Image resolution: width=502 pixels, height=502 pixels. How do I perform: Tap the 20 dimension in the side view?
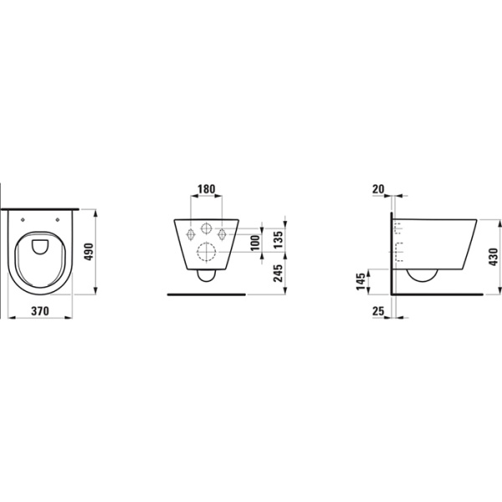pos(377,189)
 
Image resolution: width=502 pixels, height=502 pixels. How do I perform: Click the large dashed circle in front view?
pos(205,252)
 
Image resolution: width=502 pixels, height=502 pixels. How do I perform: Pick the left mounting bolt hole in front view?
pos(189,233)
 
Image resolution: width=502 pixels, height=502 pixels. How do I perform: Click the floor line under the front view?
pos(205,295)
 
